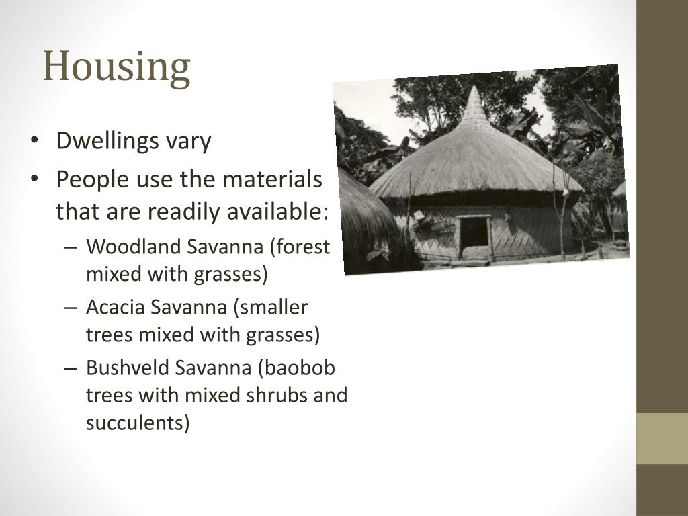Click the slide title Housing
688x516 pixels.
click(x=117, y=68)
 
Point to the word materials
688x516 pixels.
click(x=272, y=179)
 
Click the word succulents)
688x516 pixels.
click(x=138, y=423)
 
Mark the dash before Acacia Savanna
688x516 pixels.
click(x=72, y=308)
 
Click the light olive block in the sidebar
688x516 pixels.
click(x=662, y=438)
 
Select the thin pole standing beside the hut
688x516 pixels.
click(x=561, y=215)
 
